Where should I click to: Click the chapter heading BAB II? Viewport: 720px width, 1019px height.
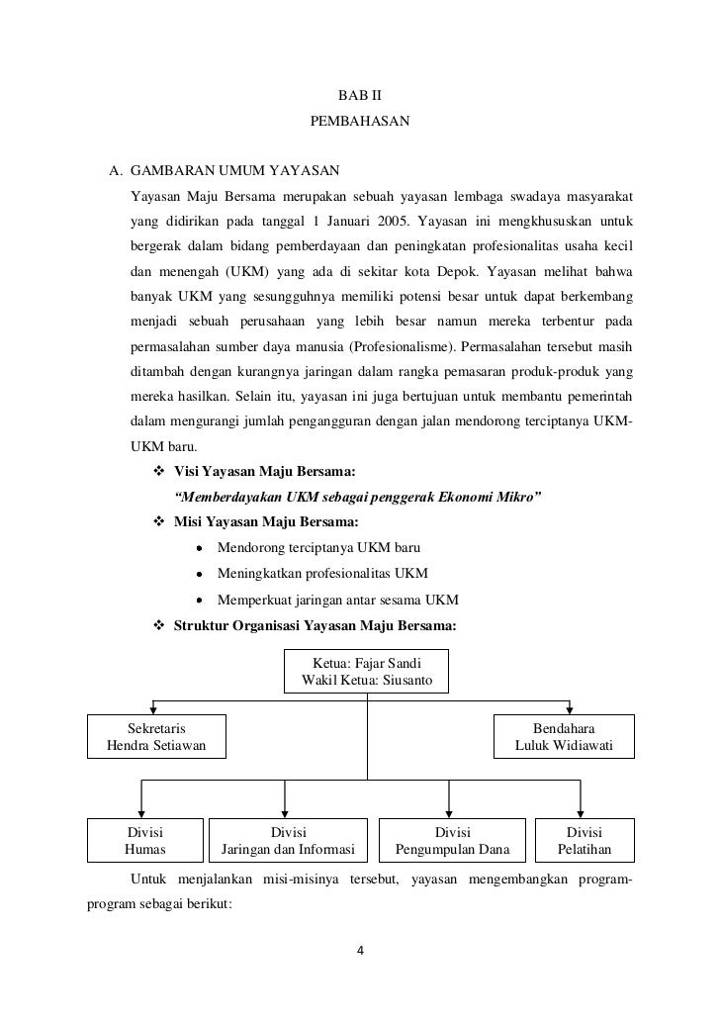click(359, 97)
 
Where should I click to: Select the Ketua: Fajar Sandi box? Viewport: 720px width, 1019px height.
click(367, 673)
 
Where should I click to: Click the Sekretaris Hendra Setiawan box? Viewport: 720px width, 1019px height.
click(156, 736)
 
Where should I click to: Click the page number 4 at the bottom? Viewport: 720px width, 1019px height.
click(360, 953)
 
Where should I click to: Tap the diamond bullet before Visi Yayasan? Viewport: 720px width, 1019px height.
click(160, 469)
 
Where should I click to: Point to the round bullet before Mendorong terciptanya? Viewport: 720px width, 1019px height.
click(201, 547)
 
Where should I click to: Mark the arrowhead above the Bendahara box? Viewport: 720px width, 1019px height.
click(569, 708)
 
